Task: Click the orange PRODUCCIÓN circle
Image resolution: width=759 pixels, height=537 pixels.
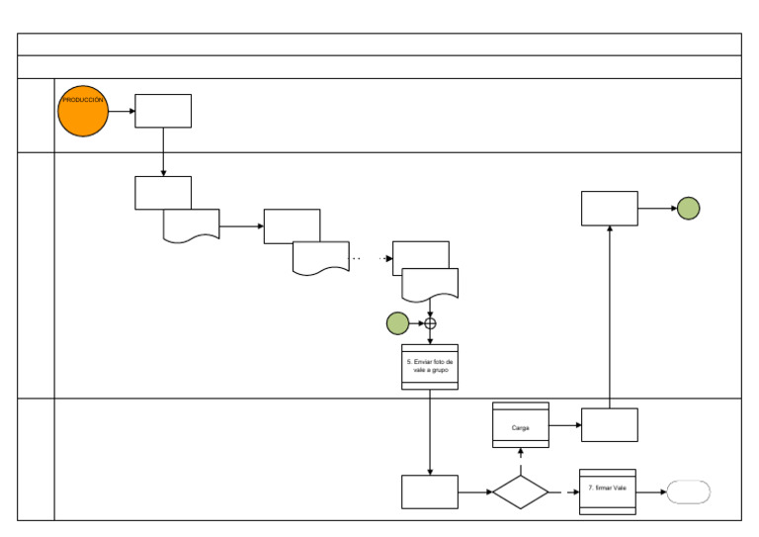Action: [x=83, y=111]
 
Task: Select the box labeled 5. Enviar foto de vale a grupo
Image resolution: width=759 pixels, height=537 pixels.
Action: [x=430, y=367]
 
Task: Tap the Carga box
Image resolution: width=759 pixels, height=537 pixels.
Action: [x=521, y=424]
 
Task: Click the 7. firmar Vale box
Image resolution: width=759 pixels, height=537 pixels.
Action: [x=608, y=492]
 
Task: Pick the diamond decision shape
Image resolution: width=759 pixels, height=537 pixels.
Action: [x=521, y=492]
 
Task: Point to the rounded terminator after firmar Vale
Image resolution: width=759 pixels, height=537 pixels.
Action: [x=688, y=492]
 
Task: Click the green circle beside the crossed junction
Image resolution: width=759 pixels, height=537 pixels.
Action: [x=397, y=323]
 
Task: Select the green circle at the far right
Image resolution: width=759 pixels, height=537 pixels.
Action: [x=688, y=209]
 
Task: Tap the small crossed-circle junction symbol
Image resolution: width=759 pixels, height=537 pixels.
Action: [x=430, y=323]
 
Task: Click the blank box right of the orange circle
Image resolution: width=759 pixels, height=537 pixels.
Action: [x=163, y=111]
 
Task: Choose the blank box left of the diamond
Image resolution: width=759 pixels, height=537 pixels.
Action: [x=430, y=492]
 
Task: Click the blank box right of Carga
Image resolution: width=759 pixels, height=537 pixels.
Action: [x=610, y=424]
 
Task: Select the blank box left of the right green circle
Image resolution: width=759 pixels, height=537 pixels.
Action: [x=610, y=209]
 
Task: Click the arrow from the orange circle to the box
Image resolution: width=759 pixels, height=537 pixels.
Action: [x=122, y=111]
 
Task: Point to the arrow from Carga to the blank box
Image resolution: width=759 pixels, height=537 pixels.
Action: [x=565, y=425]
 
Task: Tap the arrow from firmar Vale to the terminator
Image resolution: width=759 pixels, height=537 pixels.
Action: [x=651, y=492]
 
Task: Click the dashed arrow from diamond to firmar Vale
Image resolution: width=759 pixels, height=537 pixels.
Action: [x=564, y=492]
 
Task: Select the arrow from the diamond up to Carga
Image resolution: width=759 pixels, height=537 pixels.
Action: [x=521, y=462]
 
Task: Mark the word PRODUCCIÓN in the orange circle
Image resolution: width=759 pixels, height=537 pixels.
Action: [x=83, y=100]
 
